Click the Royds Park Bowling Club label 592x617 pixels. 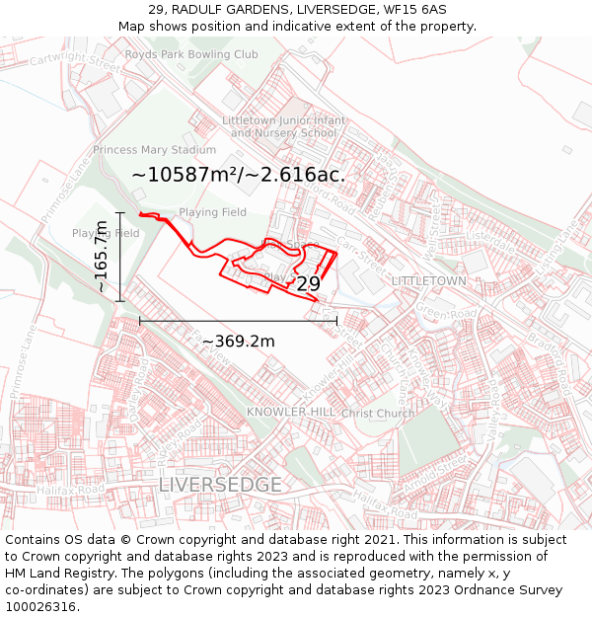tap(191, 55)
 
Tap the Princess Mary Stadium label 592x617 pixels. tap(154, 150)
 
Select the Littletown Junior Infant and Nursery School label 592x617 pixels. tap(284, 126)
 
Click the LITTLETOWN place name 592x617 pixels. tap(428, 281)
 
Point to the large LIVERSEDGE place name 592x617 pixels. tap(220, 485)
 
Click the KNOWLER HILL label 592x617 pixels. tap(288, 412)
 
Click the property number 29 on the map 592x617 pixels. tap(308, 284)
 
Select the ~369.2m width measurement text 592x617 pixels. tap(238, 342)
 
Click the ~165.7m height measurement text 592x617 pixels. tap(102, 257)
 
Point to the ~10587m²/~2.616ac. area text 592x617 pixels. tap(238, 175)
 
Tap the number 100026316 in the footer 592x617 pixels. tap(42, 606)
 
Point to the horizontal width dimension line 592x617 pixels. tap(238, 321)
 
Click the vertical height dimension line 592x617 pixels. tap(120, 257)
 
